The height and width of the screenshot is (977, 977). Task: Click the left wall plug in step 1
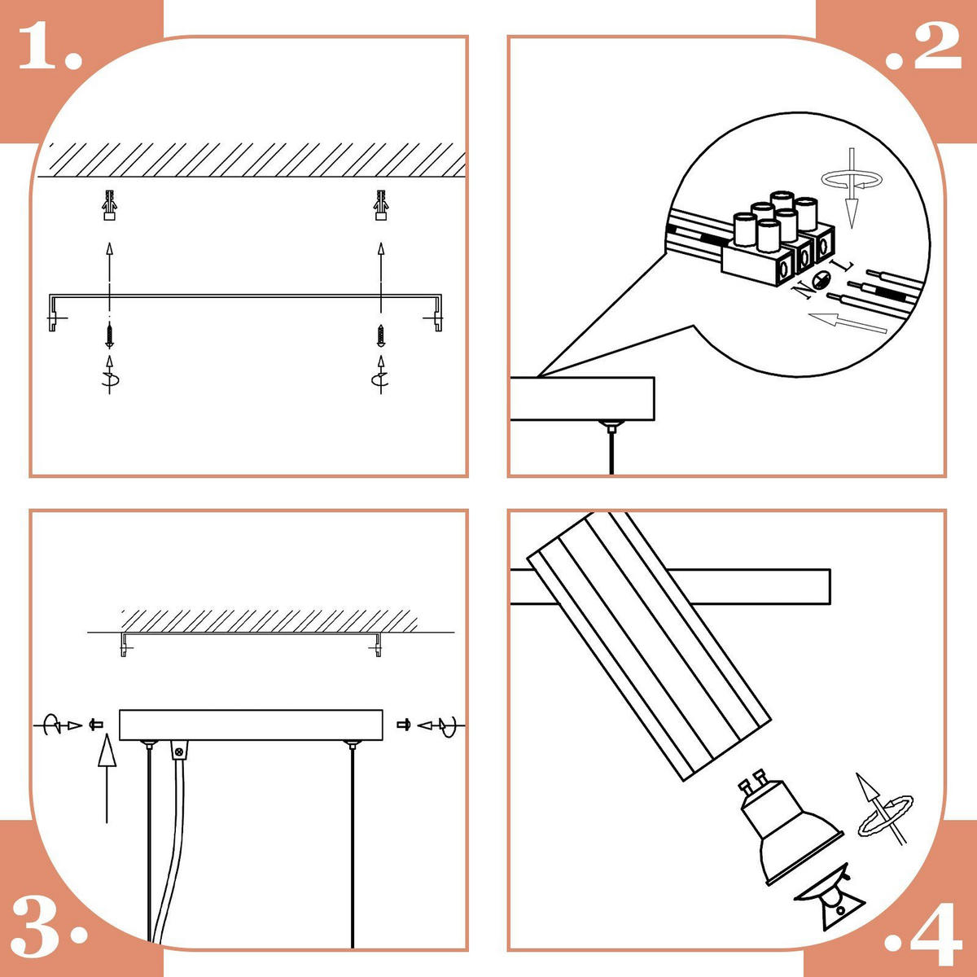pos(110,205)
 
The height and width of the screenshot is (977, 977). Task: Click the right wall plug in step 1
pos(381,205)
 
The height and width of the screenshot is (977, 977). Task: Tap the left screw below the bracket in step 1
pos(110,335)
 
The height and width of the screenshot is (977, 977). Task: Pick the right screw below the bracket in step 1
pos(381,335)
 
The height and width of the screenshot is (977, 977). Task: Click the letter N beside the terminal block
pos(802,289)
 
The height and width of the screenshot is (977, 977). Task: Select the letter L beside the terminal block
pos(845,265)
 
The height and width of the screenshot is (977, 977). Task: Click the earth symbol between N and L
pos(821,279)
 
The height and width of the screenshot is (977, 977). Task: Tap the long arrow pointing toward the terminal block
pos(848,323)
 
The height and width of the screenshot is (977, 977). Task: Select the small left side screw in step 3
pos(96,725)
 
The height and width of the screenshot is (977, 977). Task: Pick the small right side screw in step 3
pos(404,725)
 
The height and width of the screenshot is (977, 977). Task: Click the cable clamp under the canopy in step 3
pos(178,749)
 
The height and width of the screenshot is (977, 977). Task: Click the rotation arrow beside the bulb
pos(885,812)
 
